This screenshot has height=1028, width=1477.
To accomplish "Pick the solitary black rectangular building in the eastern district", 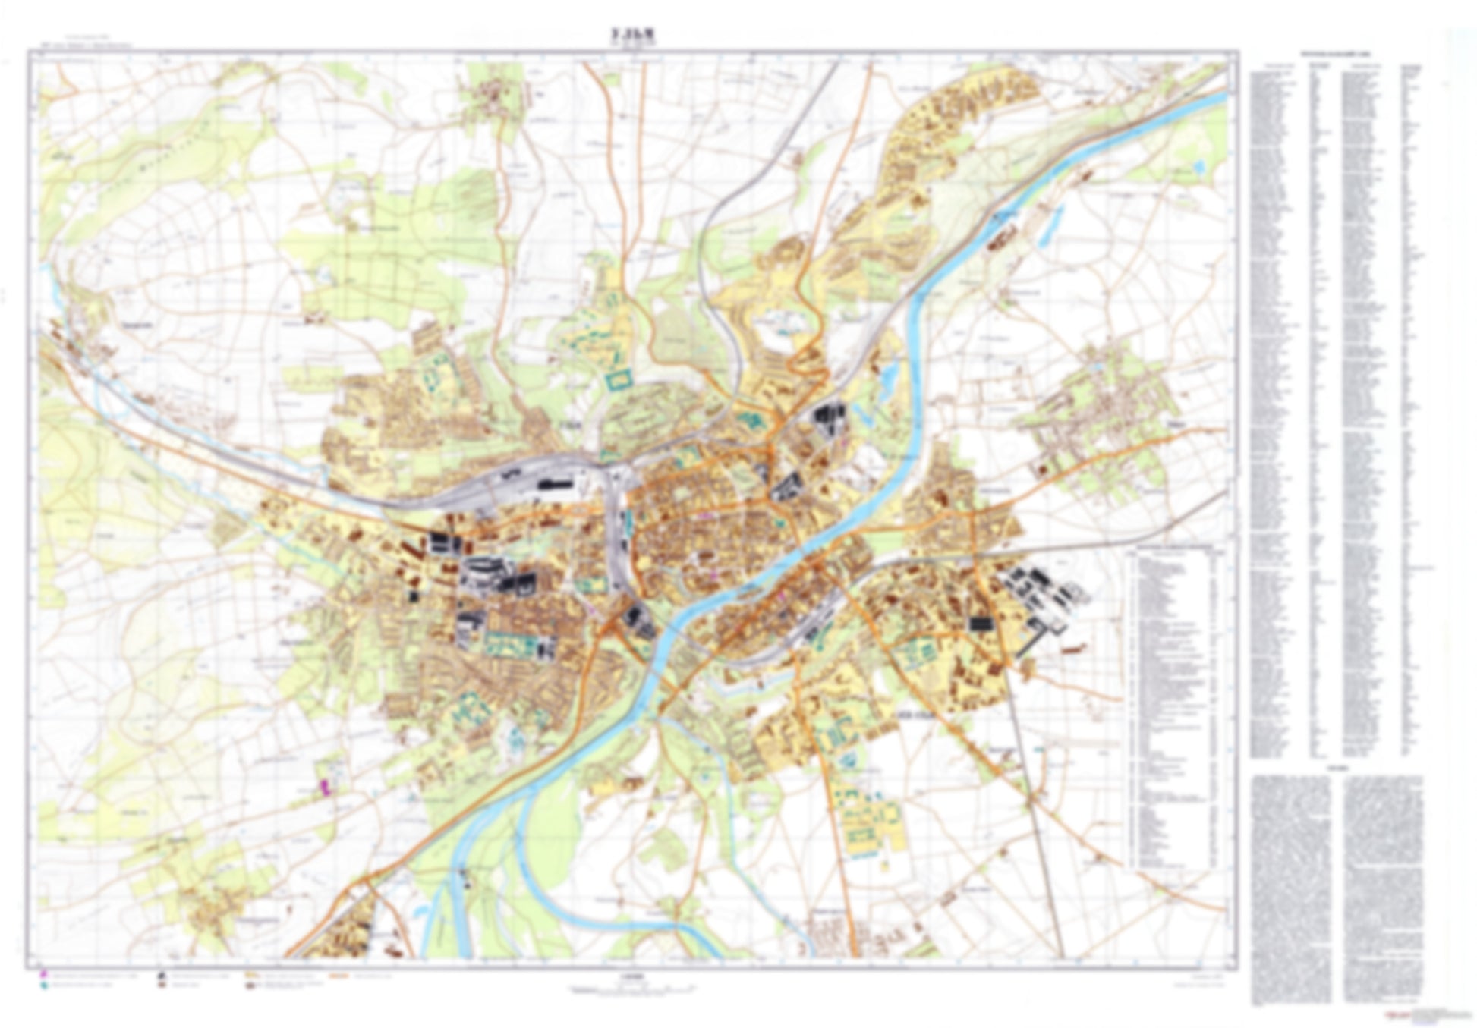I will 981,624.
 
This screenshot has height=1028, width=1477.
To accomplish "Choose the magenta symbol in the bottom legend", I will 45,973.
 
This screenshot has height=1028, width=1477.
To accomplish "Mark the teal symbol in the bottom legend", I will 45,984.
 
